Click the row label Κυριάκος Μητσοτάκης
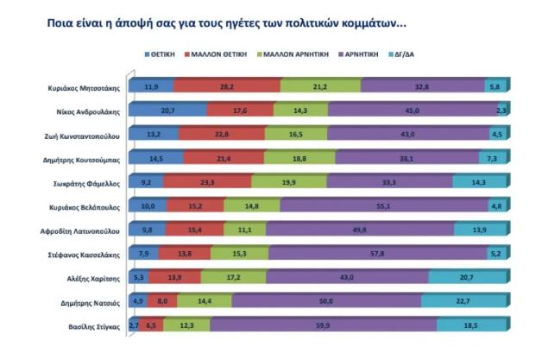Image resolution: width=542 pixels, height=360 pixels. click(81, 85)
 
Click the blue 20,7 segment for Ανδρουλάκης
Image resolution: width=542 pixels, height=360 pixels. click(166, 110)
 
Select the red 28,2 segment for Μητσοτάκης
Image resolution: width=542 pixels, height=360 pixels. click(227, 85)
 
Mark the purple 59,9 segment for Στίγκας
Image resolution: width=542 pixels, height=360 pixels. click(323, 325)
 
